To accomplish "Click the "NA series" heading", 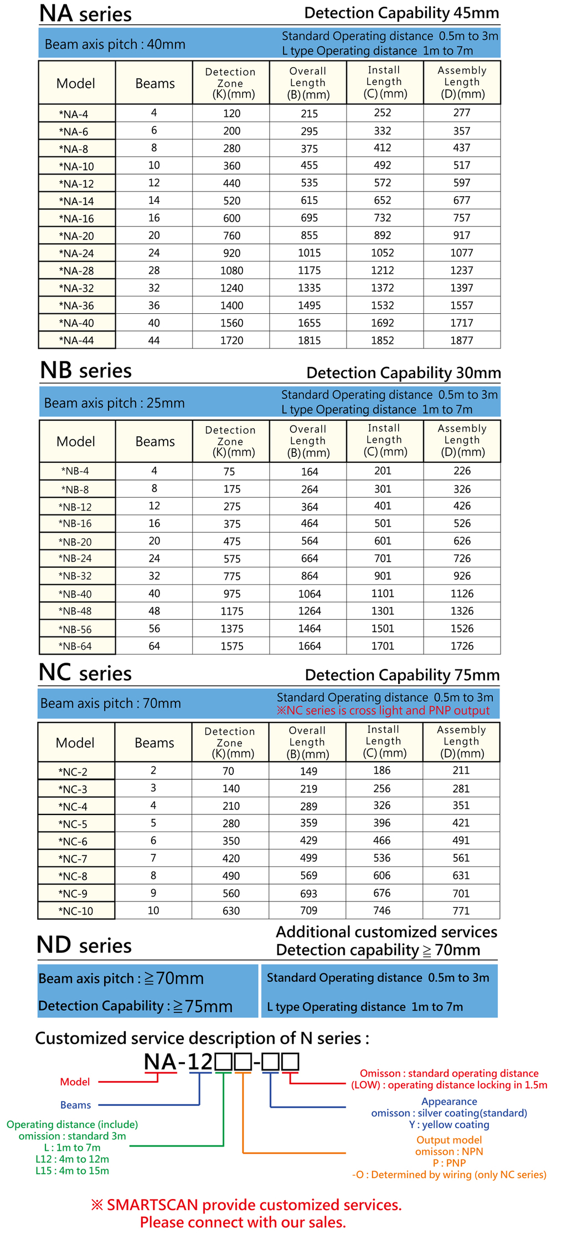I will point(85,14).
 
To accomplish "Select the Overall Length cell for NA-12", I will point(309,183).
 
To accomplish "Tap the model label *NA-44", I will point(76,340).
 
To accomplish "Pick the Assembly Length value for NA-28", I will point(462,271).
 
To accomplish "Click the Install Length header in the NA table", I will point(385,82).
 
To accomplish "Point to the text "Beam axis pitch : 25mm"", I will point(115,403).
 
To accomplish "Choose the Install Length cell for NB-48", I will point(383,611).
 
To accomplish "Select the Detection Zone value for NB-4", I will point(229,472).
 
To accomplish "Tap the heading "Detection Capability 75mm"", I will point(402,675).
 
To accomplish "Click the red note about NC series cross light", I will point(383,711).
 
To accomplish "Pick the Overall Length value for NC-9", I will point(308,894).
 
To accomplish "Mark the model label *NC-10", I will point(75,911).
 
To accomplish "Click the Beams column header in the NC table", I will point(154,743).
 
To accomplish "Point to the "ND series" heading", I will point(84,945).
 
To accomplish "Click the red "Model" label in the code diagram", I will point(75,1082).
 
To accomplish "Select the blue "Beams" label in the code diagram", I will point(75,1105).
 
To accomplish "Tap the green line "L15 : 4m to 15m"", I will point(72,1171).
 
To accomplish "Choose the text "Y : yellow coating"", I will point(449,1124).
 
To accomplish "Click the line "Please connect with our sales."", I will point(243,1222).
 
